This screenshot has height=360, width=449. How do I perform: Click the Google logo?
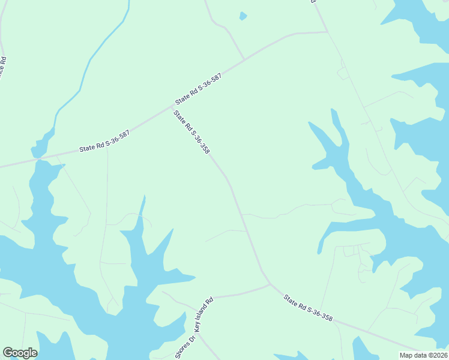20,353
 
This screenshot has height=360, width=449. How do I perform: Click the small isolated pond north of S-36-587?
243,16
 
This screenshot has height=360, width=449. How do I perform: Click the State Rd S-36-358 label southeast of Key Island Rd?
308,308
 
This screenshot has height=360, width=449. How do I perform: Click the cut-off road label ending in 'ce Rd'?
3,69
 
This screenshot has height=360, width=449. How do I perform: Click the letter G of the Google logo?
7,353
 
